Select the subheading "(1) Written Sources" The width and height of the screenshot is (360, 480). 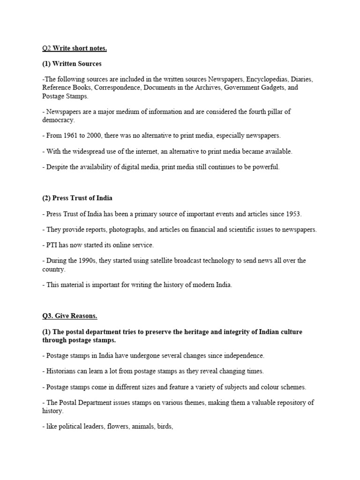(72, 64)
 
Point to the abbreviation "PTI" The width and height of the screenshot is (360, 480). (52, 245)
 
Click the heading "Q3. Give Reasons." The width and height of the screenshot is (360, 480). (69, 316)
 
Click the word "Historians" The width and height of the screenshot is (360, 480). (61, 371)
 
